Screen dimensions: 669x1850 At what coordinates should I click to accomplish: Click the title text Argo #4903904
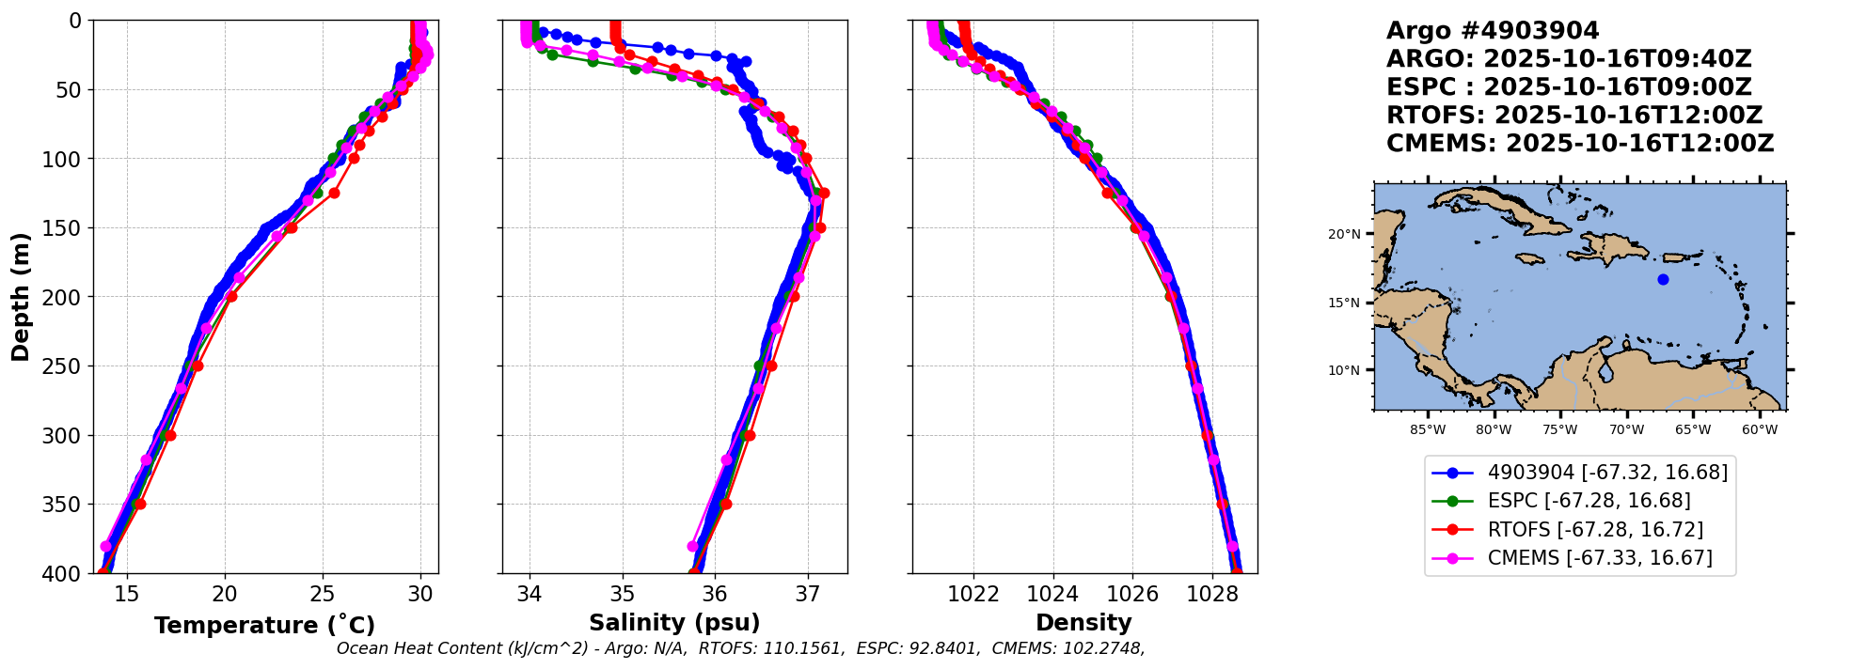point(1492,31)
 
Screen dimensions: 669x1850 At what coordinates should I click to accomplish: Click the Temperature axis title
point(264,625)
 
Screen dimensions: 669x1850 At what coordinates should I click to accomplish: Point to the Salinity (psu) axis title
point(674,623)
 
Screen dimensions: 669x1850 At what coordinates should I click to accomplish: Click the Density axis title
point(1083,623)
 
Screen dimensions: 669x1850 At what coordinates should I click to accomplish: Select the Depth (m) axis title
point(21,296)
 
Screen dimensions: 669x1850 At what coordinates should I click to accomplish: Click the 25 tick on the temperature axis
point(323,594)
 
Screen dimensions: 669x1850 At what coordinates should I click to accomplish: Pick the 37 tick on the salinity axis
point(807,594)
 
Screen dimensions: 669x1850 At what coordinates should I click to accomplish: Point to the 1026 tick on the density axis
point(1132,594)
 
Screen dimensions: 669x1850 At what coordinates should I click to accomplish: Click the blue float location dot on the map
point(1663,279)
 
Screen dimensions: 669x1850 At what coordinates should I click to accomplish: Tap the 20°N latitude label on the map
point(1344,234)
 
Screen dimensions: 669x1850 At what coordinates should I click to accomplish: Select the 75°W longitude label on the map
point(1560,430)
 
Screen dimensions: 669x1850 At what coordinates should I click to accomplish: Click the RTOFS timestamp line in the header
point(1573,116)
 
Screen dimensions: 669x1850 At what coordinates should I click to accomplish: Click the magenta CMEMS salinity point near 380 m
point(693,546)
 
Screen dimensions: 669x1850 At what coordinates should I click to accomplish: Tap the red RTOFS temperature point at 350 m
point(140,504)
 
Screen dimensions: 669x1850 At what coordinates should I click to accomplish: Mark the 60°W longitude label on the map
point(1760,430)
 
